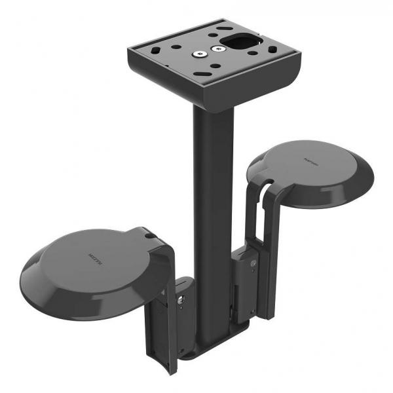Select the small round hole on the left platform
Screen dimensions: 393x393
click(149, 234)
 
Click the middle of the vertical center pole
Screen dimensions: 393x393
click(208, 216)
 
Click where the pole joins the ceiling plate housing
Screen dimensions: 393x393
click(208, 108)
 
